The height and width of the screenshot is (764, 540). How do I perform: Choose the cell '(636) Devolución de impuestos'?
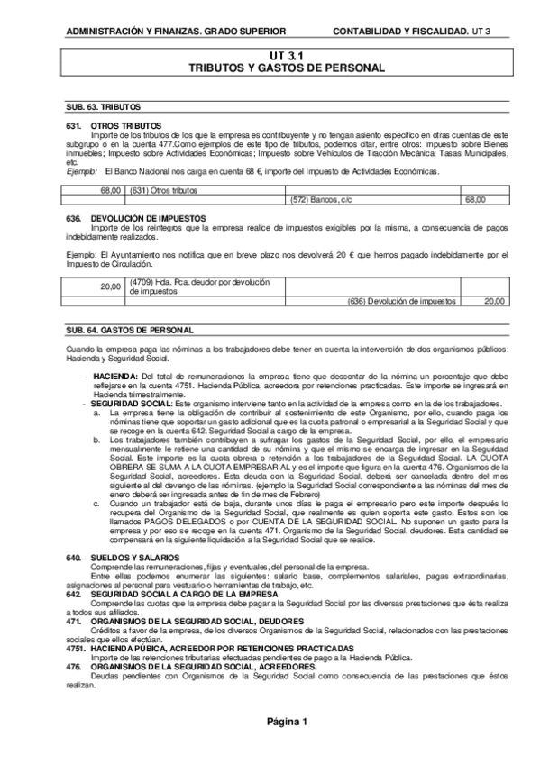401,301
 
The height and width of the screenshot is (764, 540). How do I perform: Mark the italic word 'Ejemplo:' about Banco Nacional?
83,170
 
